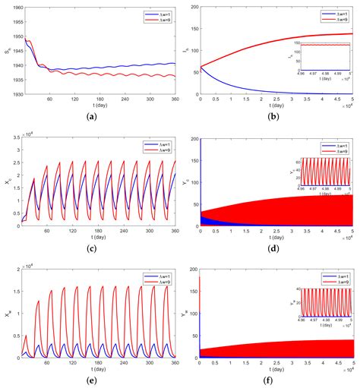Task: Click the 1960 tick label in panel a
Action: point(14,8)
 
